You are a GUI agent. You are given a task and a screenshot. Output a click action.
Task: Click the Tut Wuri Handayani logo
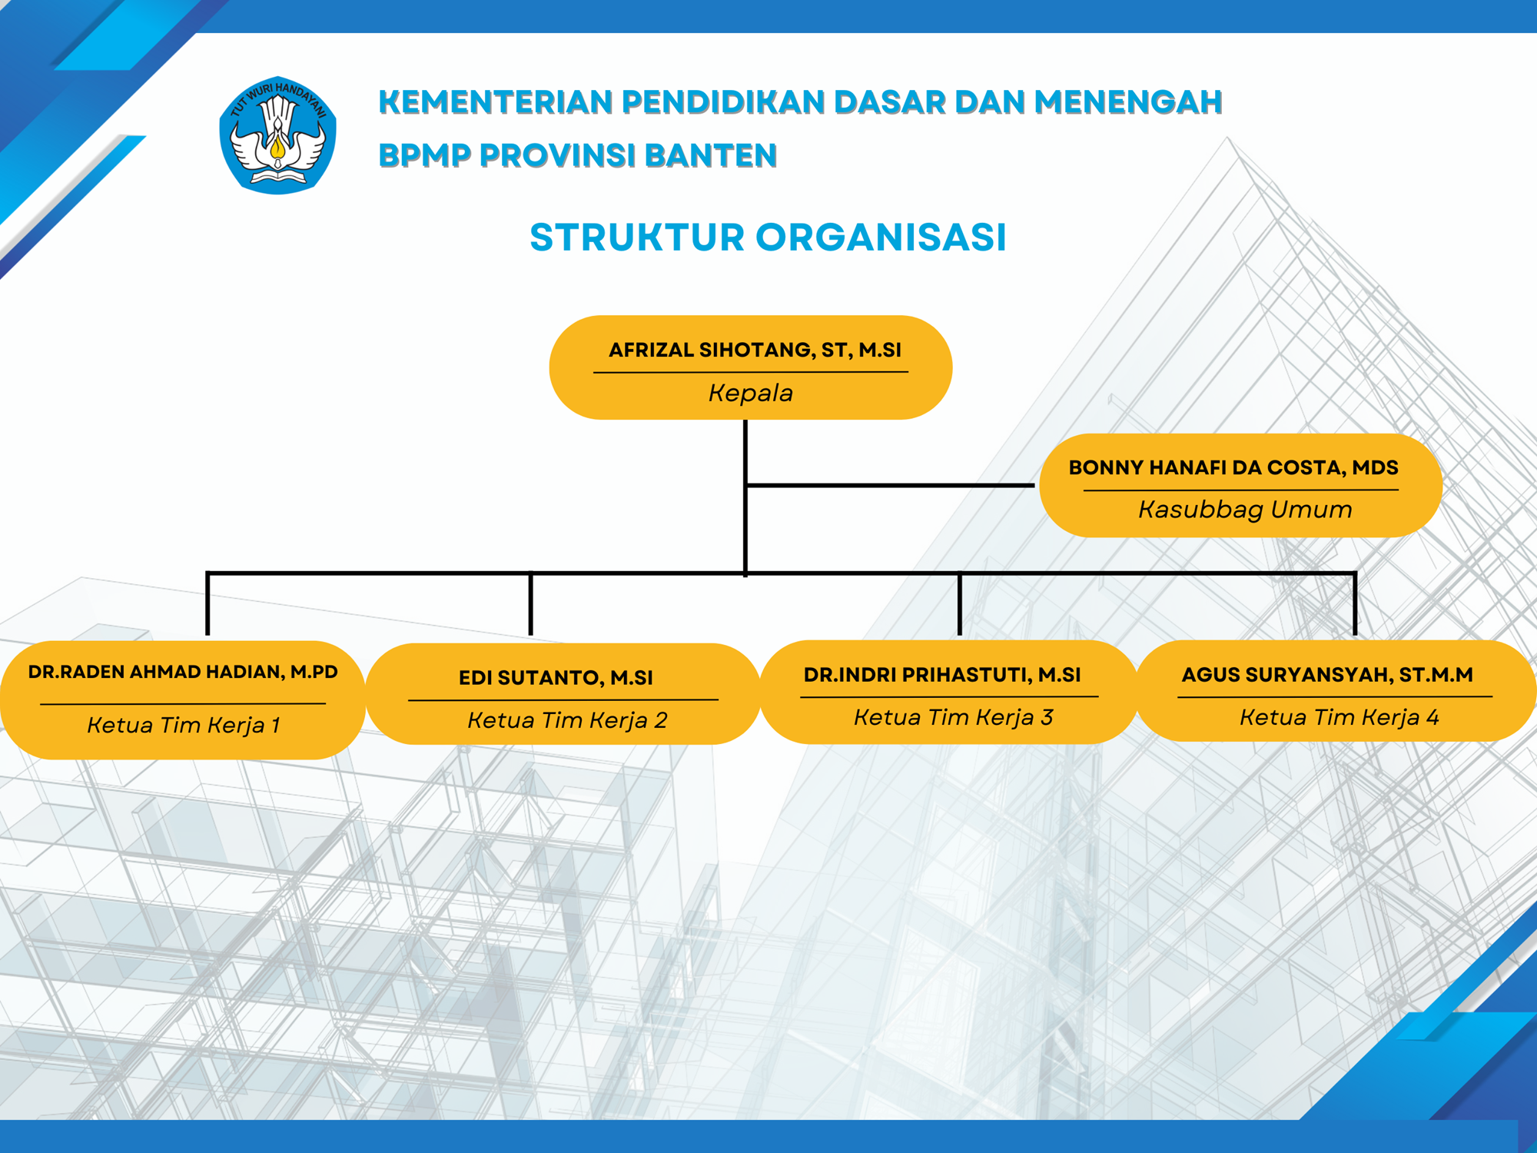tap(277, 135)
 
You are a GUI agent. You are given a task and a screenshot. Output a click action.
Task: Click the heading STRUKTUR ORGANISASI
tap(768, 237)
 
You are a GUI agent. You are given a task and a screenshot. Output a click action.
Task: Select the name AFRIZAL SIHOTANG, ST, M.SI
tap(755, 351)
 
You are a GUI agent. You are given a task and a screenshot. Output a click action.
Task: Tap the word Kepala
tap(750, 394)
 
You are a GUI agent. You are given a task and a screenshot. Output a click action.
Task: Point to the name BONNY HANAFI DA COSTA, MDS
tap(1233, 467)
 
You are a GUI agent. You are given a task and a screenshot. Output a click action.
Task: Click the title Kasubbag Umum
tap(1245, 510)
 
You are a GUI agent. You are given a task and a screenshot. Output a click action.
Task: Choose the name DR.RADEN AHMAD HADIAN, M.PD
tap(183, 672)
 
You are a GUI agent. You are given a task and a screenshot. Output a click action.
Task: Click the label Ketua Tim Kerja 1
tap(184, 725)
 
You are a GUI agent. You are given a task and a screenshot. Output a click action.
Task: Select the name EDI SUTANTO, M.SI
tap(556, 678)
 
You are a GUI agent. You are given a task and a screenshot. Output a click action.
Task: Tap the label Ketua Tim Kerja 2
tap(567, 720)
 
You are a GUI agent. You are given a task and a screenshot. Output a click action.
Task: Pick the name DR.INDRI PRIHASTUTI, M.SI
tap(942, 675)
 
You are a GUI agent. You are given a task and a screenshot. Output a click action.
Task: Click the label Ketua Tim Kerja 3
tap(953, 717)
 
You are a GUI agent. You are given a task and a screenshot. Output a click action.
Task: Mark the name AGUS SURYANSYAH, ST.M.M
tap(1327, 675)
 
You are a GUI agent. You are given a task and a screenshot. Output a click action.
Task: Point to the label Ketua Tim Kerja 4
tap(1339, 717)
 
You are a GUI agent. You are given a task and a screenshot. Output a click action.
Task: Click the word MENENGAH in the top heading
tap(1127, 102)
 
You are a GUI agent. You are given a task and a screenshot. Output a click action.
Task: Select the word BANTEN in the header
tap(711, 156)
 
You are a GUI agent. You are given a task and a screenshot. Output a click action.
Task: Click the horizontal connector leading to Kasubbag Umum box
tap(891, 485)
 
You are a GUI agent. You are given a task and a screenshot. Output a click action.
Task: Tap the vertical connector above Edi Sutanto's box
tap(530, 604)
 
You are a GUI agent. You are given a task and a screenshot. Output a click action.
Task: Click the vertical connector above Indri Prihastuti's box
tap(959, 604)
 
